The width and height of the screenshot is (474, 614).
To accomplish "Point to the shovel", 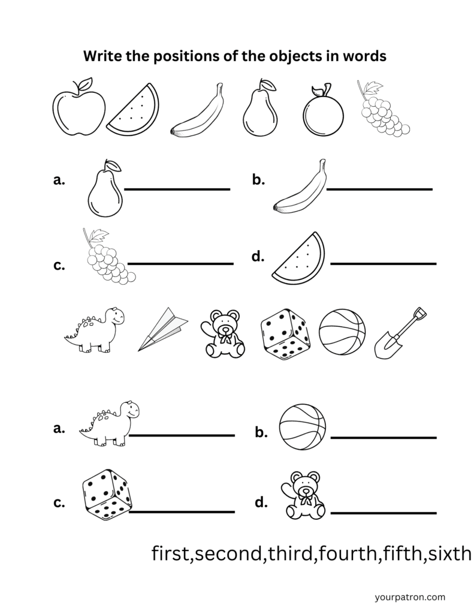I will pyautogui.click(x=398, y=333).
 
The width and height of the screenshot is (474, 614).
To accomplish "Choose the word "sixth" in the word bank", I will pyautogui.click(x=449, y=553).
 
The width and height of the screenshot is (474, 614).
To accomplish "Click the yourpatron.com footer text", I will pyautogui.click(x=409, y=597).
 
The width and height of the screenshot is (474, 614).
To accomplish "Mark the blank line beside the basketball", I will pyautogui.click(x=384, y=438).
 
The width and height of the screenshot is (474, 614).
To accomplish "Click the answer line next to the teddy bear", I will pyautogui.click(x=384, y=513).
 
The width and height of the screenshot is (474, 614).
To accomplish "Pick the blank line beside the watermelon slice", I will pyautogui.click(x=384, y=263).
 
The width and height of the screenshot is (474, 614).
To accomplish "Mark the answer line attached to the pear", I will pyautogui.click(x=177, y=189).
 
